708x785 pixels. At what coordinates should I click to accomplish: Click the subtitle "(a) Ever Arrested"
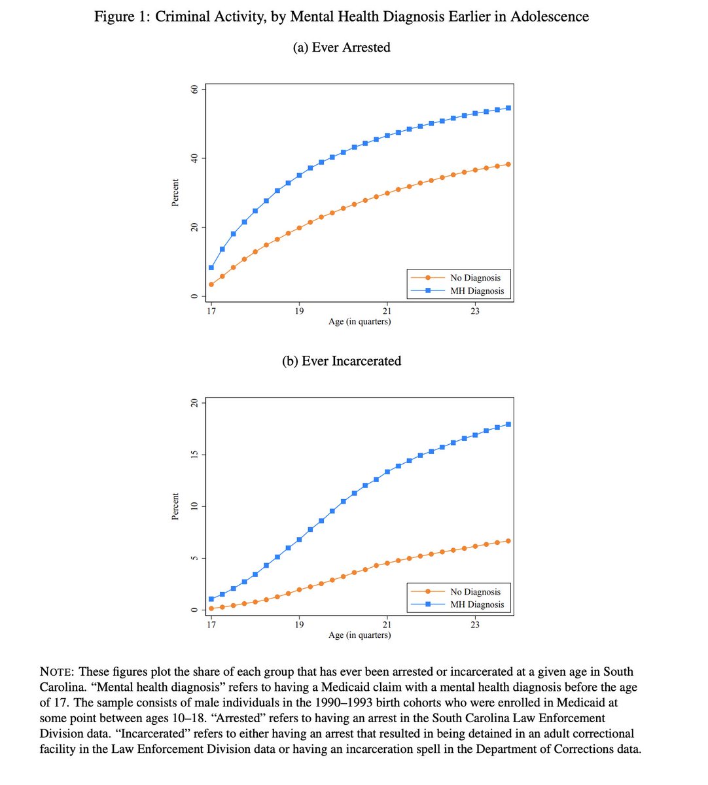point(341,47)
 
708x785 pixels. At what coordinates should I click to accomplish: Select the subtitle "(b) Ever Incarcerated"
point(341,361)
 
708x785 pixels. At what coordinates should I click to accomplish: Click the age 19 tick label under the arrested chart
point(299,311)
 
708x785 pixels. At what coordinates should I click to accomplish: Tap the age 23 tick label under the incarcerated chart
point(475,625)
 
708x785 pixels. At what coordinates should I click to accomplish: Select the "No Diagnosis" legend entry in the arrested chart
point(475,278)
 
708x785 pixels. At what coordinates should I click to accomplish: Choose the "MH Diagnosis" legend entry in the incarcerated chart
point(477,604)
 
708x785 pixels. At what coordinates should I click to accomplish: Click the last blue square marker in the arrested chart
point(508,108)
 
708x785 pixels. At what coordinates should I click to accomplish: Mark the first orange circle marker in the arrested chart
point(211,285)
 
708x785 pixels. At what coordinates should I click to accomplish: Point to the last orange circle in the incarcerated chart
point(508,541)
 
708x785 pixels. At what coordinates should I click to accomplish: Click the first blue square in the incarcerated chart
point(211,599)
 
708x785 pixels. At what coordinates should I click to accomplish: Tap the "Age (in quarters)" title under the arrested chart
point(359,321)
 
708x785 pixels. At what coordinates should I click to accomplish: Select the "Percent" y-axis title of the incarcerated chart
point(175,507)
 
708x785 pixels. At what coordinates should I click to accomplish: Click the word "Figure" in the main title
point(115,16)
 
